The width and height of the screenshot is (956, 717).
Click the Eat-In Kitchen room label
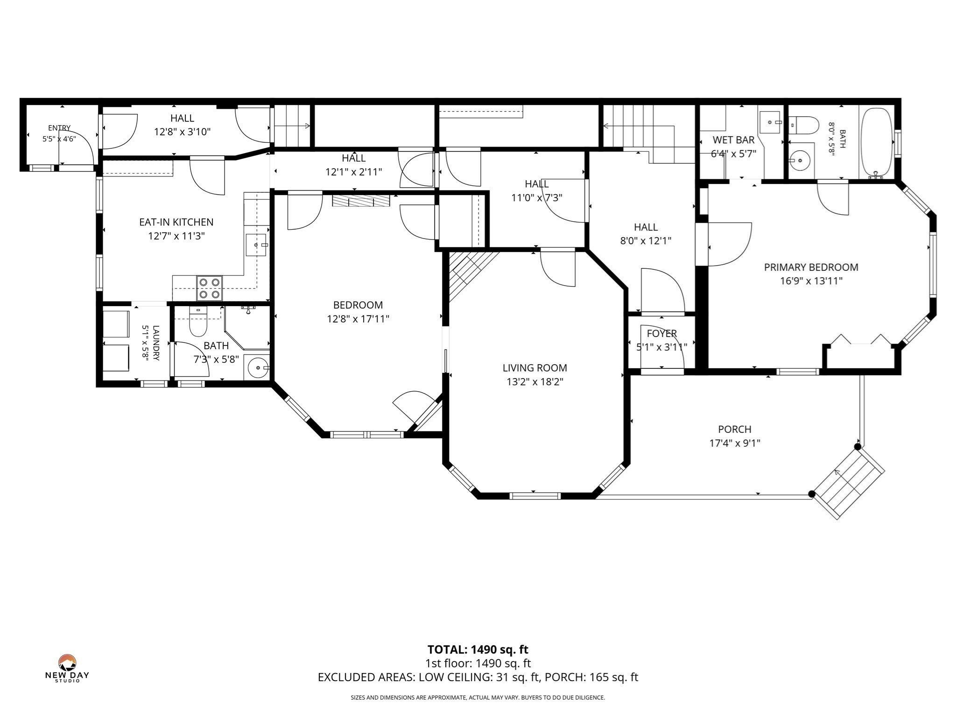point(176,222)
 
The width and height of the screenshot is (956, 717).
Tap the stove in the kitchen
point(210,288)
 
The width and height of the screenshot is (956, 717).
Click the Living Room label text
point(534,368)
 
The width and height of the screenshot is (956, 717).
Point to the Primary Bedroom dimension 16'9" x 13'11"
point(811,281)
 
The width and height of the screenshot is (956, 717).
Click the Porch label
point(735,429)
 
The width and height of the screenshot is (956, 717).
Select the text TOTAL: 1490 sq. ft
point(478,649)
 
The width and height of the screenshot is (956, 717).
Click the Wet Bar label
point(733,140)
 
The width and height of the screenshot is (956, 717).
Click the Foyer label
point(662,333)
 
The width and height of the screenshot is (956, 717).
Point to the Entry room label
point(59,128)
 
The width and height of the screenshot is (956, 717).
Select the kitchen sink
point(257,245)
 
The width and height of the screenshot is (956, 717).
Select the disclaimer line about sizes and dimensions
point(478,698)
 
